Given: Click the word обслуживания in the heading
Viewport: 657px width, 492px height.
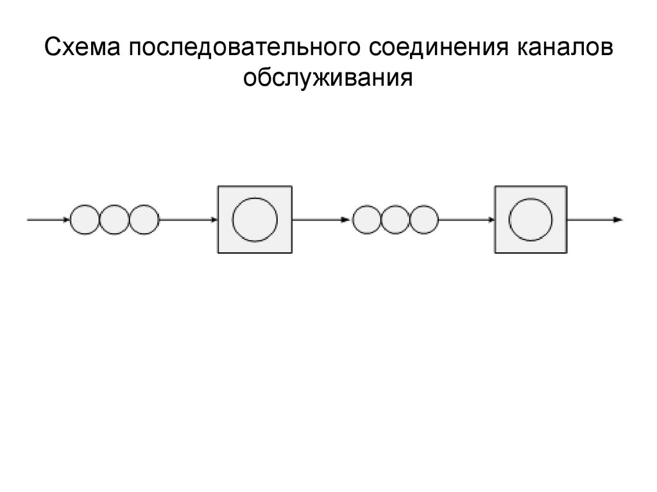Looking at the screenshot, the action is (x=326, y=79).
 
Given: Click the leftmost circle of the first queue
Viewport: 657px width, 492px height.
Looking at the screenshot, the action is (x=84, y=220).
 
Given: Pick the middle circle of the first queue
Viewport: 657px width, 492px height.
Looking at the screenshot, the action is (x=114, y=220).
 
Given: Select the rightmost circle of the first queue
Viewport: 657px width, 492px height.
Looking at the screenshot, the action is (x=143, y=220).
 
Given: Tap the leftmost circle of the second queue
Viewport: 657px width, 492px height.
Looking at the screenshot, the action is (x=367, y=220).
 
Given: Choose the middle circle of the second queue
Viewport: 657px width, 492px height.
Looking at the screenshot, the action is (x=395, y=220).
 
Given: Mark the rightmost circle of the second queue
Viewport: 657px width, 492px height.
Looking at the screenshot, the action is (x=423, y=220).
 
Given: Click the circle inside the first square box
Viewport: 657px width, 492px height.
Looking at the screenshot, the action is (x=255, y=219).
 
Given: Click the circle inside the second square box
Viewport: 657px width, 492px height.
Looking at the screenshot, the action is (x=531, y=219).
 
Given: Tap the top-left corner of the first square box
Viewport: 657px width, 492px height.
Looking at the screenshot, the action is (x=219, y=186).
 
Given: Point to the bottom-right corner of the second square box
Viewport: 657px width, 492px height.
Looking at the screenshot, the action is (x=567, y=252).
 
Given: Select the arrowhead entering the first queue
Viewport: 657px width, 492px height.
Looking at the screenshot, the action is (x=67, y=220).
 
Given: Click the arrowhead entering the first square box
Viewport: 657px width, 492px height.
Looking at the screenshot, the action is (x=215, y=220).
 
